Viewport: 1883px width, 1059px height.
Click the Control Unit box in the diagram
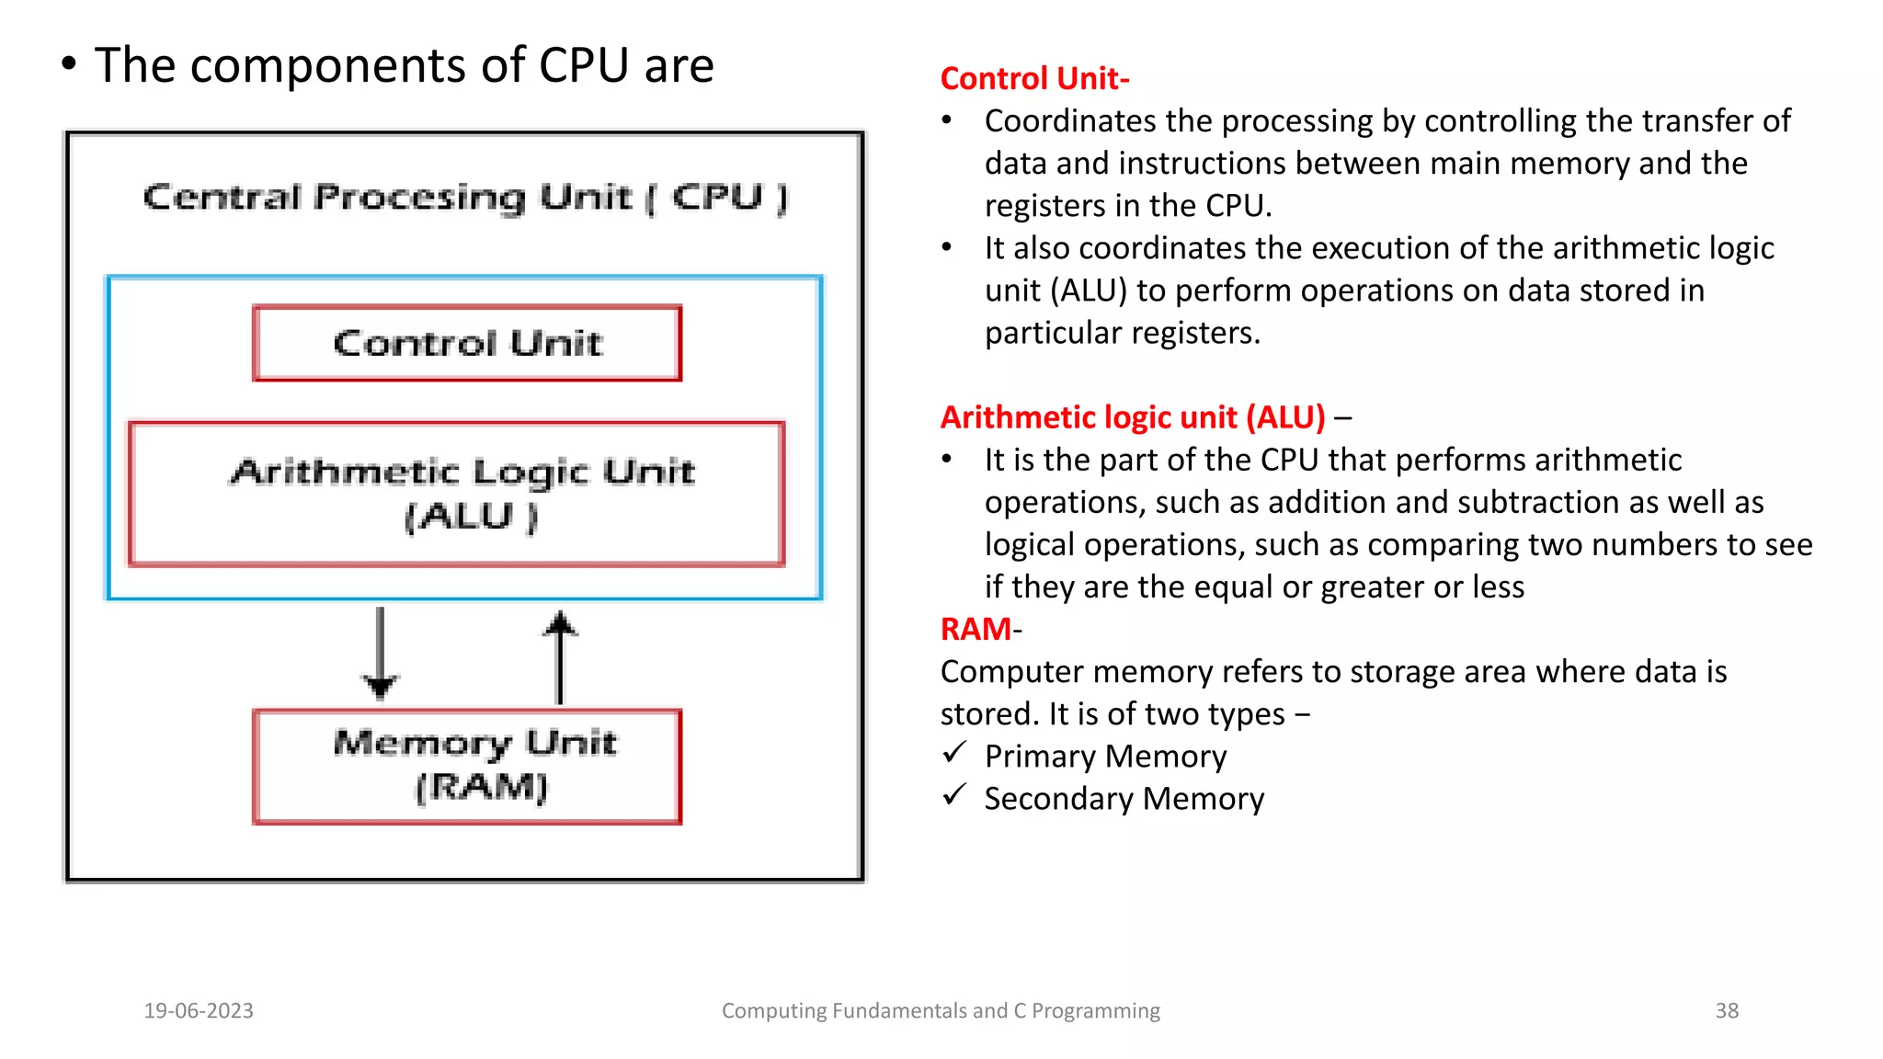point(467,343)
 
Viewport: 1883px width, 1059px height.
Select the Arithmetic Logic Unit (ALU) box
point(457,494)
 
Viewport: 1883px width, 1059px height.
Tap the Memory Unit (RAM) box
point(467,766)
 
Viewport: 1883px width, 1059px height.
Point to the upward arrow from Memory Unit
point(560,656)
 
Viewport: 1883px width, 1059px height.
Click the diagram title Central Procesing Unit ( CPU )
point(465,197)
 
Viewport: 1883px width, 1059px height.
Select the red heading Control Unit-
point(1034,79)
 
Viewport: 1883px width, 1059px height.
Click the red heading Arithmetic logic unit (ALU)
point(1133,418)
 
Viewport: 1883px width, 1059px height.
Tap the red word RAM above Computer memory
point(976,630)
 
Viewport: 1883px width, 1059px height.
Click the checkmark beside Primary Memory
point(954,754)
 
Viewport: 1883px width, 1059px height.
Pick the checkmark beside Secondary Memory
point(954,795)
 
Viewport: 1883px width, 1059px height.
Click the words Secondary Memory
point(1124,799)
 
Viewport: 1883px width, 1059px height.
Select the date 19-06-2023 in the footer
point(199,1011)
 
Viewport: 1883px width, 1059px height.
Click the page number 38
point(1727,1011)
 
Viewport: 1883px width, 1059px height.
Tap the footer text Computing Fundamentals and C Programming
point(941,1011)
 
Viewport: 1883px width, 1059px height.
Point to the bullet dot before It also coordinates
point(947,247)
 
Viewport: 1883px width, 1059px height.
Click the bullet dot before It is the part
point(947,459)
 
